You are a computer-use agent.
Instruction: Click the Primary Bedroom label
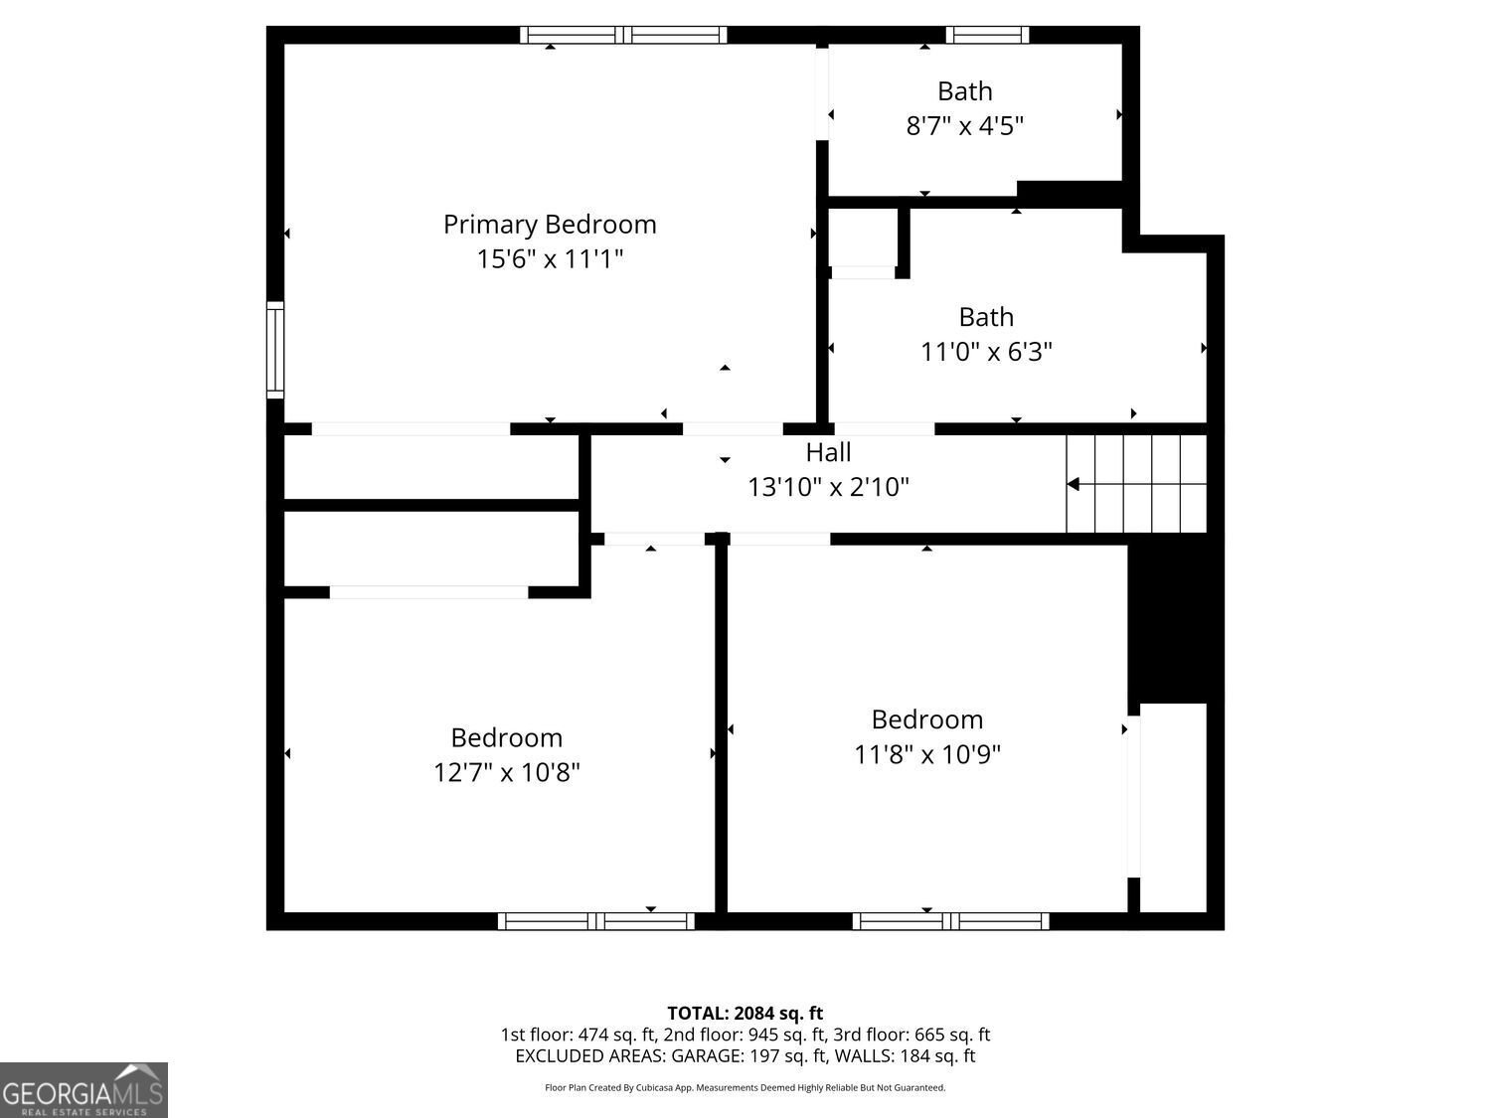(x=550, y=225)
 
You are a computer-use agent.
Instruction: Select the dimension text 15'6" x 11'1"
(x=550, y=259)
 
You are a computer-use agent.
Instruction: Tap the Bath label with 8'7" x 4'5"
(x=964, y=91)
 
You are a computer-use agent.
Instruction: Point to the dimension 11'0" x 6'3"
(x=986, y=352)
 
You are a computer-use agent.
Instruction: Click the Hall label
(x=828, y=453)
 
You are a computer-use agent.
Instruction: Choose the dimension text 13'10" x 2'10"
(x=828, y=487)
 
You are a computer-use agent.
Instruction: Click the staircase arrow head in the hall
(x=1074, y=484)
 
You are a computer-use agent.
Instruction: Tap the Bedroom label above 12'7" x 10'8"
(x=506, y=737)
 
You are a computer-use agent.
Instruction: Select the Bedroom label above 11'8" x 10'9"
(x=926, y=719)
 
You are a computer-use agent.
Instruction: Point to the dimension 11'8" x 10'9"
(x=926, y=755)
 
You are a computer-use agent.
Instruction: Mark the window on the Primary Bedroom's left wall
(x=275, y=350)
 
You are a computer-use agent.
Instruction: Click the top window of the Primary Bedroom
(x=623, y=35)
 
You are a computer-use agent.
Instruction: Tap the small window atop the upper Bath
(x=987, y=35)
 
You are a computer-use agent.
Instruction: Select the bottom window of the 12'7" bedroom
(x=596, y=921)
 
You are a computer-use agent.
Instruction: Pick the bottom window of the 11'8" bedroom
(x=950, y=921)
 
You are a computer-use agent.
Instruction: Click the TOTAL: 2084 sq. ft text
(x=745, y=1014)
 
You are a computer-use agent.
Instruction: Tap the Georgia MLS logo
(x=83, y=1090)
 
